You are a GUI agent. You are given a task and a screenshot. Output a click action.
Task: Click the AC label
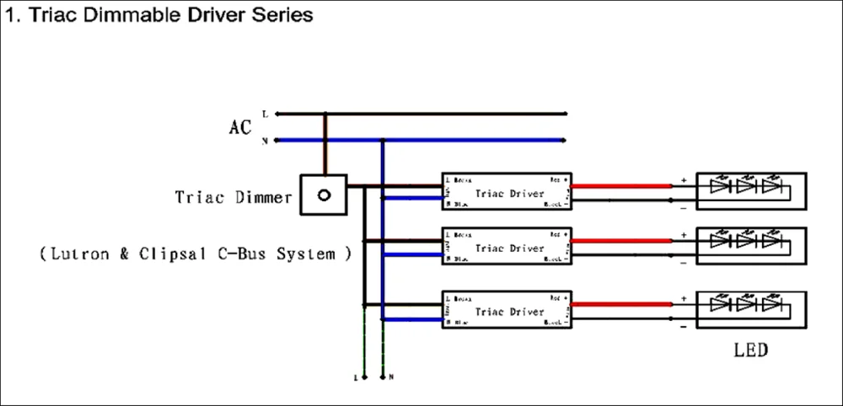240,128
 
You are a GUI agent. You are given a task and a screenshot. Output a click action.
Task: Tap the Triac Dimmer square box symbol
324,195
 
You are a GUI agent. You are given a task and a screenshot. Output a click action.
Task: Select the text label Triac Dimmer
234,197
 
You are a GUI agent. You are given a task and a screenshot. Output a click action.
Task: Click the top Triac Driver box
507,192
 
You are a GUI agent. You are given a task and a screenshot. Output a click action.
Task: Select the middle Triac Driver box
507,248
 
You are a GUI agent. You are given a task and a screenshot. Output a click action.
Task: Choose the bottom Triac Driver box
507,311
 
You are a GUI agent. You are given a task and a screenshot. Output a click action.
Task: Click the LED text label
750,349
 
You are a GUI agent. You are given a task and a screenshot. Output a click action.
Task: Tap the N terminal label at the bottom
391,377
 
